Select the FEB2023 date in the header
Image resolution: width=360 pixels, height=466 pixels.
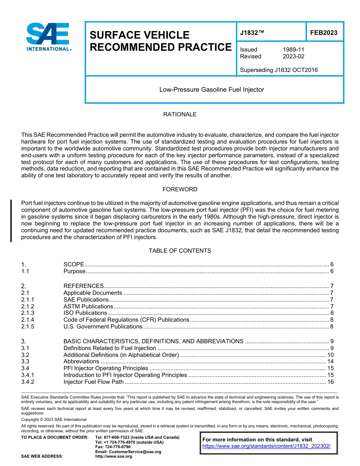(324, 33)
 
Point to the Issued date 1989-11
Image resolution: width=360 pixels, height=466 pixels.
(293, 50)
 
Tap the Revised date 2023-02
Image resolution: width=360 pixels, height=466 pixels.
(293, 56)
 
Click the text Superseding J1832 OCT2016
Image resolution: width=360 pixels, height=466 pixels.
(279, 70)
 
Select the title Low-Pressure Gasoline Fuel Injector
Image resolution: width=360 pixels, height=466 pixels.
(211, 90)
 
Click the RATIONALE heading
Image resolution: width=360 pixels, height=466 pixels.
(180, 114)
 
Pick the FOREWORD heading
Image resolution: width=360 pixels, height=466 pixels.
(180, 189)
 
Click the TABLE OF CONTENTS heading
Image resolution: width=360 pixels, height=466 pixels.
(180, 251)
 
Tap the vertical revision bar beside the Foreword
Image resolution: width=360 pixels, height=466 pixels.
(11, 220)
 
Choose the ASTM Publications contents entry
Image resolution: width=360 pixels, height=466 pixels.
(88, 306)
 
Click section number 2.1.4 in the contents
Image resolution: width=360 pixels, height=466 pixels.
(28, 320)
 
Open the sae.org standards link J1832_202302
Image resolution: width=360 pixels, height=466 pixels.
(266, 446)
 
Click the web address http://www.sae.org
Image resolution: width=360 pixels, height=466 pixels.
(114, 457)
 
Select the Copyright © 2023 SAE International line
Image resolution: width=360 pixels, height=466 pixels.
(54, 419)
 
